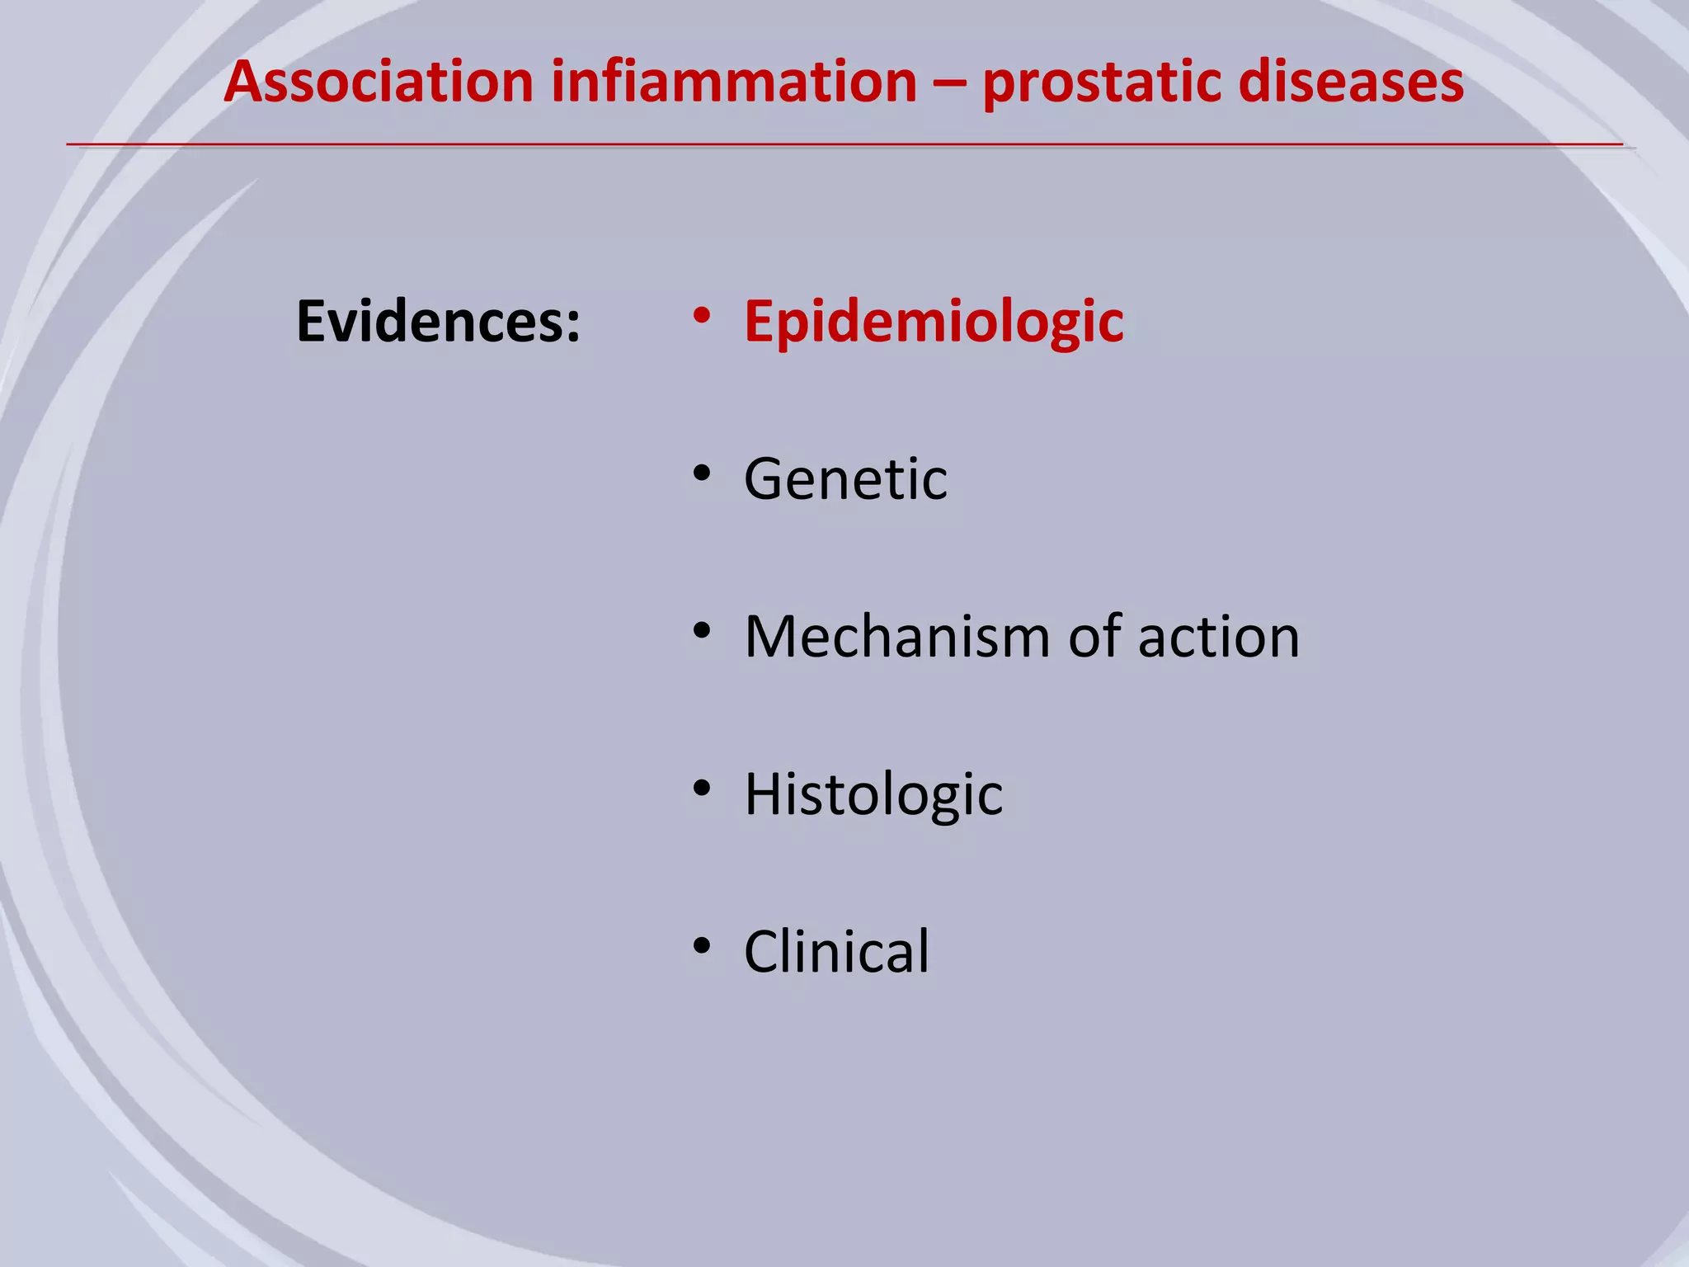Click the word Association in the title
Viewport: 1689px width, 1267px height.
[379, 82]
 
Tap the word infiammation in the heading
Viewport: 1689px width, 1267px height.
[734, 82]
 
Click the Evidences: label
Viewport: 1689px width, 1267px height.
[438, 322]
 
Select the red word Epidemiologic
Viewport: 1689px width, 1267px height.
[934, 322]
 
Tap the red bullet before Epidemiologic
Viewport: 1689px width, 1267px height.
[702, 315]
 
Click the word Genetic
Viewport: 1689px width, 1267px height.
[845, 479]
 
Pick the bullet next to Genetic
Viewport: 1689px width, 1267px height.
[702, 473]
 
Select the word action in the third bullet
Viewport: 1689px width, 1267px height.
[1218, 637]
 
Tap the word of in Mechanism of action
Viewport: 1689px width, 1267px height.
[1095, 637]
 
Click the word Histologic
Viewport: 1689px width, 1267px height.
[873, 794]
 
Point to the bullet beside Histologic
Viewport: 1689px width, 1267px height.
[702, 789]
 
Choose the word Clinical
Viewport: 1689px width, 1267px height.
[836, 952]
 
